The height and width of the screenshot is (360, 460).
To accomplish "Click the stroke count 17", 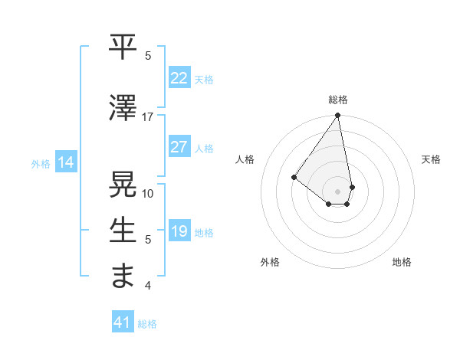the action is (x=148, y=117).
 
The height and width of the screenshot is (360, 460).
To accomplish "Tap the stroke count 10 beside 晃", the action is (x=148, y=193).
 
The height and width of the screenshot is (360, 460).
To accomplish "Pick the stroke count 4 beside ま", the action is (x=148, y=286).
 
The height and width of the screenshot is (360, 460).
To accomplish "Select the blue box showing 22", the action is (x=179, y=78).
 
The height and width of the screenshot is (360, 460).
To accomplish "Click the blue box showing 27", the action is (x=179, y=147).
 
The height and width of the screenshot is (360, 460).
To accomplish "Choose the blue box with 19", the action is (x=179, y=231).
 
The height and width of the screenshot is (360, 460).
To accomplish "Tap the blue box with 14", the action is (x=65, y=162).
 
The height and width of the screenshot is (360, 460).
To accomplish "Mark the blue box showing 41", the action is (x=123, y=322).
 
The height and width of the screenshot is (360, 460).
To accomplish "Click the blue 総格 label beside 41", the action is (x=147, y=324).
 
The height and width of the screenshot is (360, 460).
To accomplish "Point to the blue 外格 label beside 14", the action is (x=41, y=163).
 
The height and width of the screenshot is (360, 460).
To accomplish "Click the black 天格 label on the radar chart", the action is (x=431, y=159).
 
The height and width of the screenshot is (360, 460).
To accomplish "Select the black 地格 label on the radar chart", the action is (x=402, y=262).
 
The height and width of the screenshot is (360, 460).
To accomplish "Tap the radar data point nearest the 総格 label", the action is (x=337, y=116).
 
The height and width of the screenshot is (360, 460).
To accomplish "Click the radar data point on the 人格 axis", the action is (x=294, y=177).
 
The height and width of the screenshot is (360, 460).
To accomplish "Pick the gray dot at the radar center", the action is (x=337, y=191).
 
